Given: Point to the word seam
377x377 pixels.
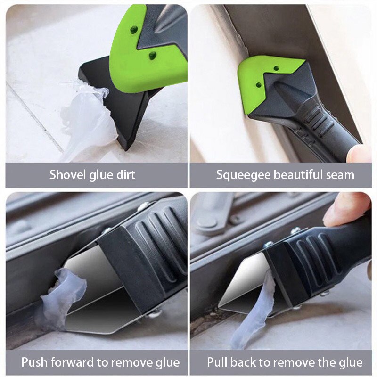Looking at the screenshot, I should tap(340, 175).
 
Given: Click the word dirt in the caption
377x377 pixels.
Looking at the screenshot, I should tap(124, 175).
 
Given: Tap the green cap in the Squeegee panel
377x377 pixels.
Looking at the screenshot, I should tap(264, 78).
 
